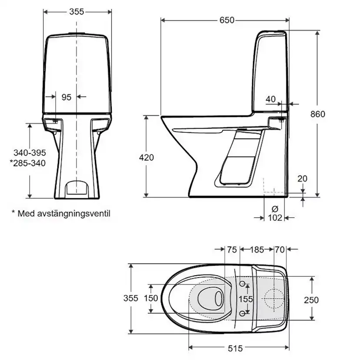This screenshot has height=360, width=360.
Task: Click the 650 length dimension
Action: coord(227,20)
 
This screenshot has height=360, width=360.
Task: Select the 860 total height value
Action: coord(317,114)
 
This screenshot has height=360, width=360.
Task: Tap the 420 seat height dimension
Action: coord(147,157)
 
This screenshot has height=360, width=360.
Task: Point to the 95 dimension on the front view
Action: coord(66,97)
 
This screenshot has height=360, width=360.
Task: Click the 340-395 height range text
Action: coord(30,153)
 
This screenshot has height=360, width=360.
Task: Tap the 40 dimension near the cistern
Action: coord(270,99)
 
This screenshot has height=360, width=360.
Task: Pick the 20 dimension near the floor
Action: coord(303,178)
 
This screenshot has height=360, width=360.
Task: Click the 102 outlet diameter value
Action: coord(275,217)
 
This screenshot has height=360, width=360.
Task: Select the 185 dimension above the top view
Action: coord(257,250)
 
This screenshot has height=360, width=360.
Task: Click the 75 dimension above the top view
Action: coord(232,250)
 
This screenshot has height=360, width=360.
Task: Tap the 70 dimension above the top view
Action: coord(280,250)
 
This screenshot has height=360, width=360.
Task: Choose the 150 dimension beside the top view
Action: coord(151,298)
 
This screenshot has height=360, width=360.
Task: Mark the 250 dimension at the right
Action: coord(311,300)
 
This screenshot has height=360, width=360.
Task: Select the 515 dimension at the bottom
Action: coord(235,348)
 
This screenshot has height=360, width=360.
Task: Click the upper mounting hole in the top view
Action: coord(243,284)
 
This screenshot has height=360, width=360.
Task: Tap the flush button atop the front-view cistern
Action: coord(77,33)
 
